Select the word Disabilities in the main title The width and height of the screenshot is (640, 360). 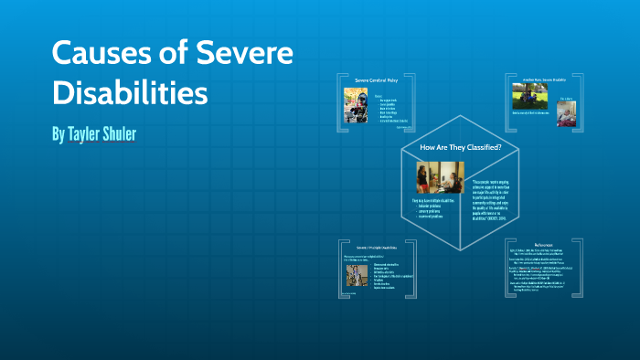130,92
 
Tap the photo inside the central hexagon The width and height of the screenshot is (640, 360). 443,177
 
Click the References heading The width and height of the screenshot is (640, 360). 539,244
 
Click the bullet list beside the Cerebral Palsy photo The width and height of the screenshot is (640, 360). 391,109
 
